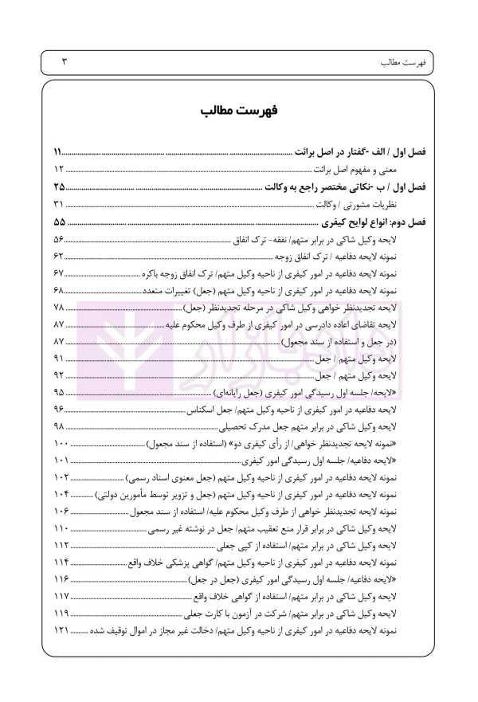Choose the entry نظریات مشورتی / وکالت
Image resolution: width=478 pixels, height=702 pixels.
(362, 205)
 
